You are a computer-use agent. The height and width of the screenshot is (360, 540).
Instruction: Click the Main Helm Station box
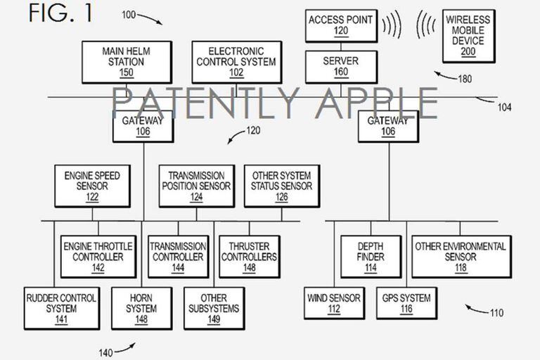[x=127, y=62]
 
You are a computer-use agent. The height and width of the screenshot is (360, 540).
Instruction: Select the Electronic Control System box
[x=236, y=62]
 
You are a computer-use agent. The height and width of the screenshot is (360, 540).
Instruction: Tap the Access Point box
[x=341, y=25]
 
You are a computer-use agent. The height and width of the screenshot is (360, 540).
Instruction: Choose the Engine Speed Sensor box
[x=92, y=186]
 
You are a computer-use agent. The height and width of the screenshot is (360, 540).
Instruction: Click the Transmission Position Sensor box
[x=196, y=186]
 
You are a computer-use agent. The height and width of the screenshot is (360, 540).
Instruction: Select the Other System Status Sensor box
[x=282, y=186]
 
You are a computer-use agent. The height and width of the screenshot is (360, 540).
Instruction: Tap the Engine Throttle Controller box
[x=98, y=257]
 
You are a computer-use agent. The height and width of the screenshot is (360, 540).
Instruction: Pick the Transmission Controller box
[x=178, y=257]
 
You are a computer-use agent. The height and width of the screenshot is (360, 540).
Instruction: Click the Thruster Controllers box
[x=249, y=257]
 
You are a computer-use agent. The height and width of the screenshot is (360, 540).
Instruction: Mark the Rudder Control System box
[x=61, y=308]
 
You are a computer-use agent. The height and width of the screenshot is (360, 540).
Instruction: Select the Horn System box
[x=141, y=308]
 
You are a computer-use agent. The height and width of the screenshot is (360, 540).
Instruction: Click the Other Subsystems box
[x=214, y=308]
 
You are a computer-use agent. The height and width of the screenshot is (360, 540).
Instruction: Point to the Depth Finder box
[x=371, y=257]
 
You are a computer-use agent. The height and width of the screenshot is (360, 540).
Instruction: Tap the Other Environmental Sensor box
[x=461, y=257]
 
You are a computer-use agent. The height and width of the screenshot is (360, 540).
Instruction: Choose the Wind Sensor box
[x=334, y=304]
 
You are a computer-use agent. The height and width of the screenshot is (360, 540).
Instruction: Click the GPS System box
[x=406, y=304]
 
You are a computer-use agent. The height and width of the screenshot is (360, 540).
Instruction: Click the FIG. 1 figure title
[x=61, y=14]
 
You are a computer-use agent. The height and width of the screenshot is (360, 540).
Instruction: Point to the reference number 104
[x=503, y=107]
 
